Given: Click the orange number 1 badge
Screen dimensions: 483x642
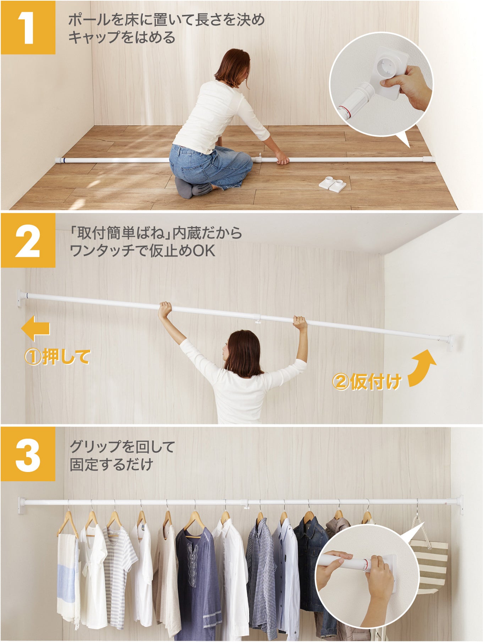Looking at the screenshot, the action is (x=28, y=27).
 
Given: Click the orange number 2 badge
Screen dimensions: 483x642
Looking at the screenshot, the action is (x=28, y=240).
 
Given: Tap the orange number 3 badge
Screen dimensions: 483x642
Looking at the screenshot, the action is (x=28, y=454).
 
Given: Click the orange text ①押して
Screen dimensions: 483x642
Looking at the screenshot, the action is (x=57, y=357).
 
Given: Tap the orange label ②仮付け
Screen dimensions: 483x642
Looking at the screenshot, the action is (x=367, y=382).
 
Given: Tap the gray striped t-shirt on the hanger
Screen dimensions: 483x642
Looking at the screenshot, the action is (x=119, y=568).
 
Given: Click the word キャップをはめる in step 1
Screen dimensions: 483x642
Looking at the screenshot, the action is (x=122, y=37).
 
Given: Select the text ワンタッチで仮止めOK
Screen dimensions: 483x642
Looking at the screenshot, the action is (x=142, y=251).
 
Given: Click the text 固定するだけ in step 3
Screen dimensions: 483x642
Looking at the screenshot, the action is (x=111, y=465).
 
